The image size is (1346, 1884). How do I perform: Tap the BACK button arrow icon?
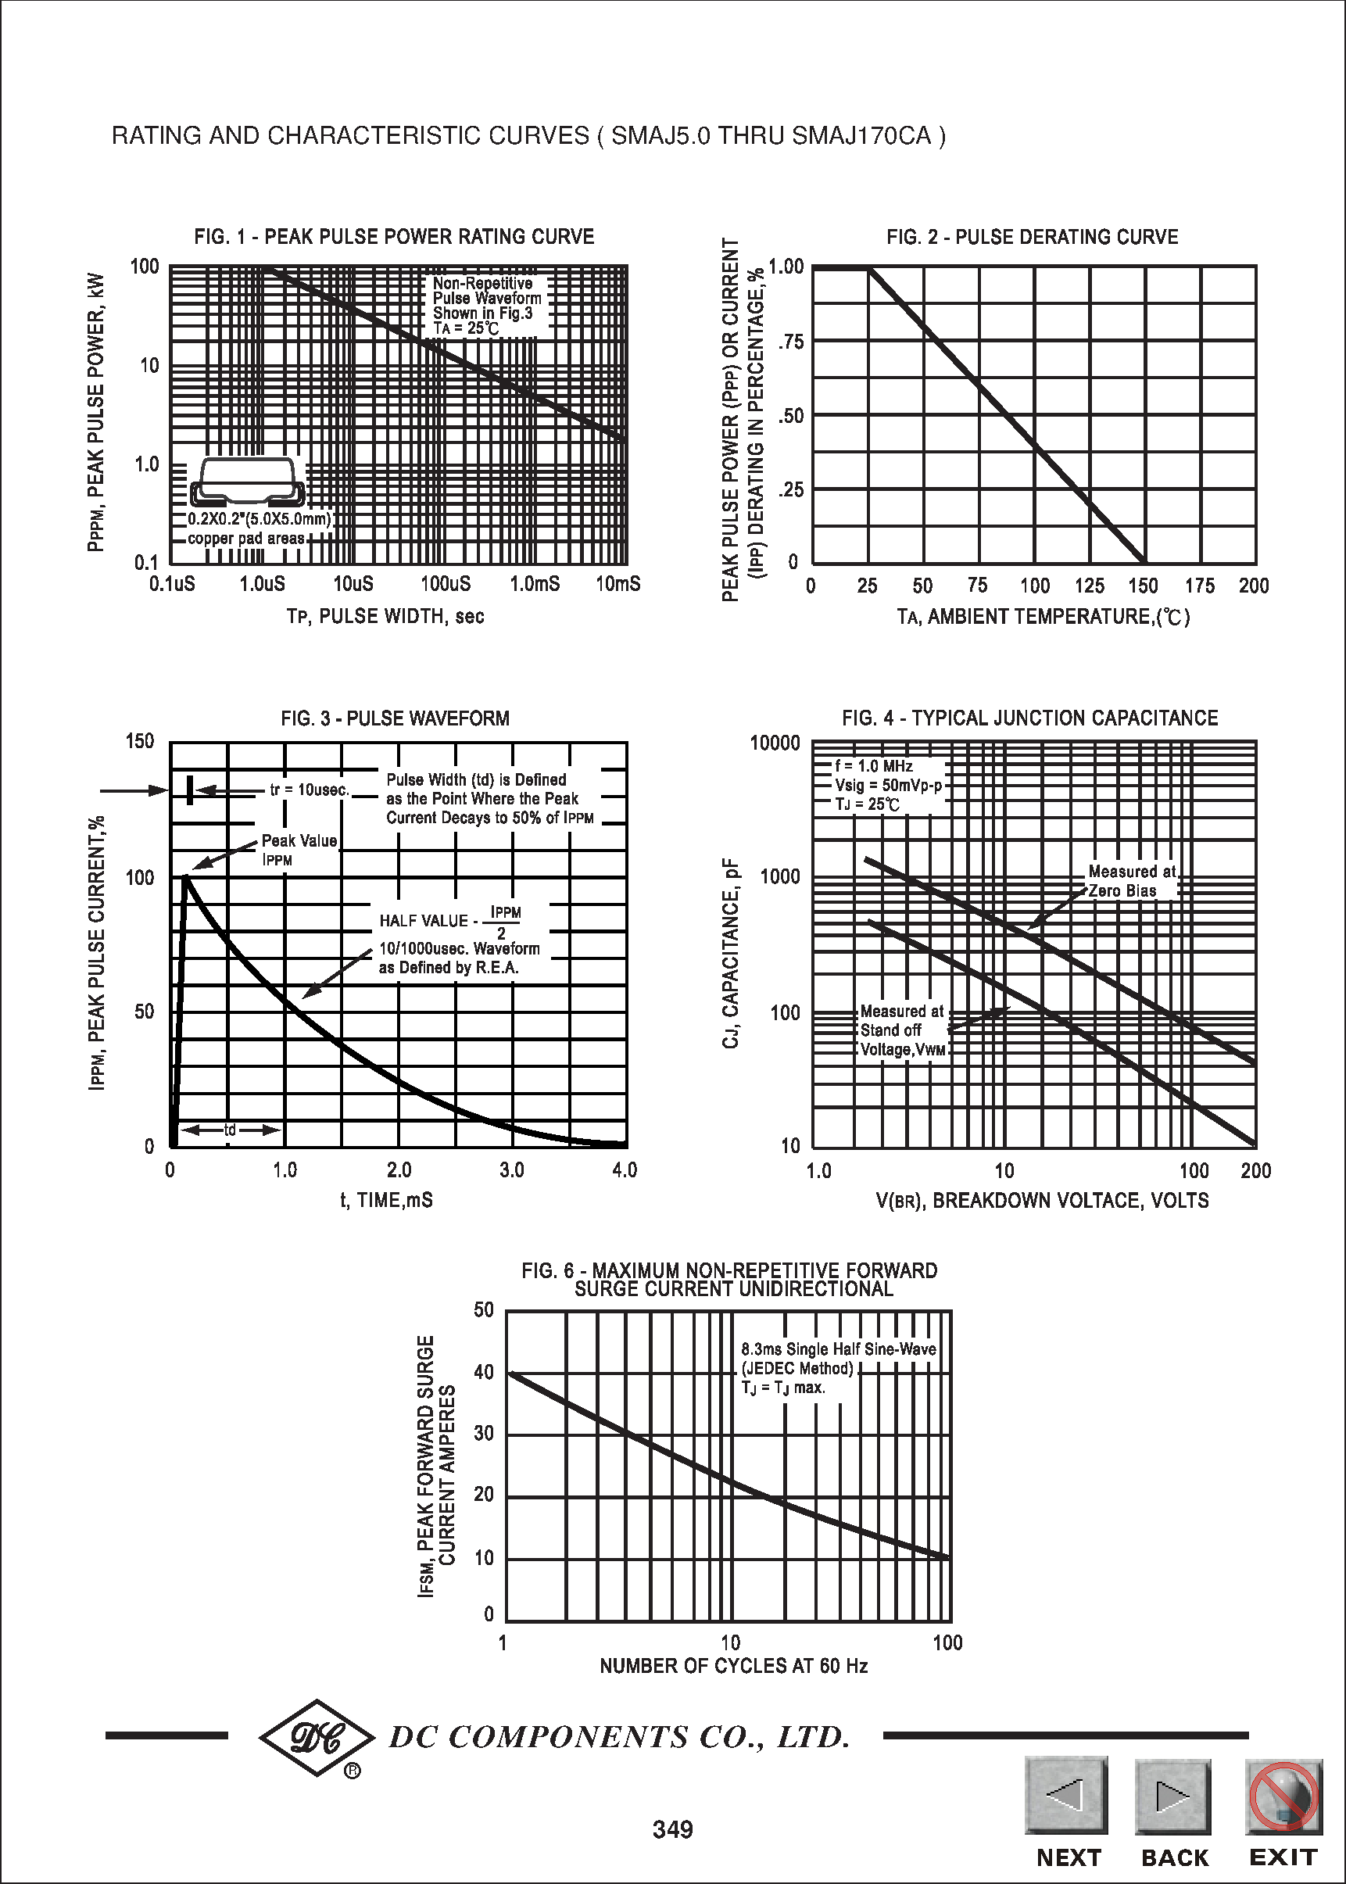(x=1172, y=1796)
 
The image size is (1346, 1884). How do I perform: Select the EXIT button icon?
(x=1283, y=1796)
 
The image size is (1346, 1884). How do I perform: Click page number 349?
(x=672, y=1829)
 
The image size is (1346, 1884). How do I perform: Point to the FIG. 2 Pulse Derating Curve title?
(x=1032, y=237)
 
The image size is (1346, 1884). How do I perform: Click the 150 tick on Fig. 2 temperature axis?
(x=1143, y=586)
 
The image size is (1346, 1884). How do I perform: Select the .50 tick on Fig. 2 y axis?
(x=791, y=416)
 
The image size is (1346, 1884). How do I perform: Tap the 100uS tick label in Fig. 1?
(x=445, y=584)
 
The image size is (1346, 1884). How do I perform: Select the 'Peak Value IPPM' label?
(x=299, y=850)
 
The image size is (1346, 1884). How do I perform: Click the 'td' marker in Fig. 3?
(x=231, y=1130)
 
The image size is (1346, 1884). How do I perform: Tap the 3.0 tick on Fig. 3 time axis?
(x=511, y=1169)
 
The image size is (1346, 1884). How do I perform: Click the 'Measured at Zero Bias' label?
(x=1132, y=880)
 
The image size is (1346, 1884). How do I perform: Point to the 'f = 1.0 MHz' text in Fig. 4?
(x=874, y=766)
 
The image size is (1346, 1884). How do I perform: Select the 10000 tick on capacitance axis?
(x=775, y=743)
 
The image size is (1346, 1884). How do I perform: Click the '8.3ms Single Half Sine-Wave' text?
(x=838, y=1349)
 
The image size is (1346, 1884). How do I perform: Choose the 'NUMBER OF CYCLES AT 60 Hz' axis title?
(x=733, y=1665)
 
